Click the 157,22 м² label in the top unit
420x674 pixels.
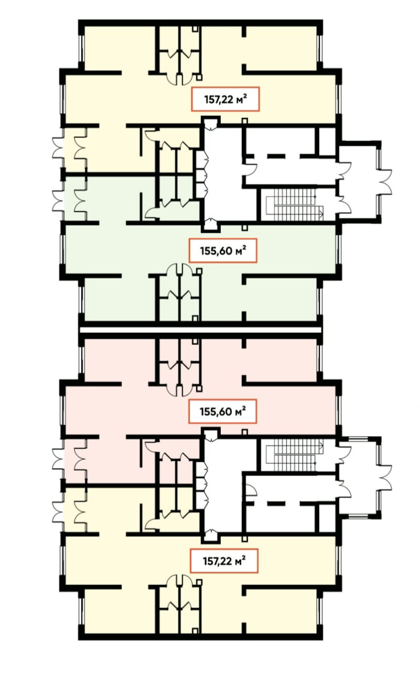pyautogui.click(x=225, y=99)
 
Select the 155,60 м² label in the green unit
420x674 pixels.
pyautogui.click(x=223, y=251)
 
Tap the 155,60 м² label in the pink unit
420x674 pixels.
pyautogui.click(x=223, y=411)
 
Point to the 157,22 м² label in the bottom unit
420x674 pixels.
pyautogui.click(x=224, y=561)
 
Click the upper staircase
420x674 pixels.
pyautogui.click(x=295, y=204)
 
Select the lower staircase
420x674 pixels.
pyautogui.click(x=295, y=455)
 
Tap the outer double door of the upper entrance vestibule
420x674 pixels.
pyautogui.click(x=385, y=182)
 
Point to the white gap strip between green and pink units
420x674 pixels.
pyautogui.click(x=200, y=330)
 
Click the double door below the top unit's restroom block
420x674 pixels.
pyautogui.click(x=180, y=80)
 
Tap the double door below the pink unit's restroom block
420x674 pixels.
pyautogui.click(x=180, y=391)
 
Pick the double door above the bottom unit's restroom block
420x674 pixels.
pyautogui.click(x=180, y=581)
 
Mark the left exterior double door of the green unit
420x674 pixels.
pyautogui.click(x=58, y=200)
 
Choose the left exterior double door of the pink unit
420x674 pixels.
pyautogui.click(x=58, y=459)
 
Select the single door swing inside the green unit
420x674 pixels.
pyautogui.click(x=151, y=213)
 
